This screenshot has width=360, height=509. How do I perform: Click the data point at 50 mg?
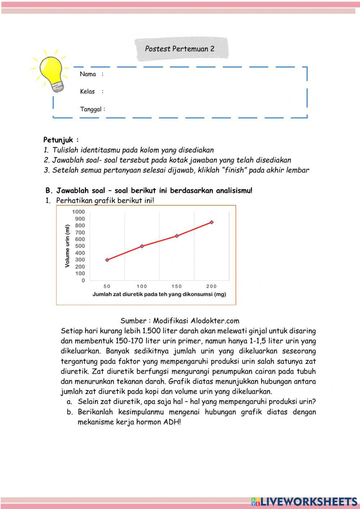coord(107,260)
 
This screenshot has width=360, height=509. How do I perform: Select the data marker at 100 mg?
coord(142,246)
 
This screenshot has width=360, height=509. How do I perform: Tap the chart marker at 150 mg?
coord(177,236)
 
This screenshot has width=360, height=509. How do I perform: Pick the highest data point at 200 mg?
coord(212,222)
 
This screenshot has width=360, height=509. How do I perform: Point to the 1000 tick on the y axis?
coord(78,212)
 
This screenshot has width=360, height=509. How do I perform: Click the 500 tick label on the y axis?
coord(80,246)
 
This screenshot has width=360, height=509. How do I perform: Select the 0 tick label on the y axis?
coord(83,280)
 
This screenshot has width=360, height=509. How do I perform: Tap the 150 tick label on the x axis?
coord(177,286)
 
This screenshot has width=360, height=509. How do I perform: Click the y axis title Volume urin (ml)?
coord(67,246)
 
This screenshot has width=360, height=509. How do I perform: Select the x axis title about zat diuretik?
coord(159,294)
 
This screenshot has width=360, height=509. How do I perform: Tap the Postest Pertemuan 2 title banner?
coord(180,49)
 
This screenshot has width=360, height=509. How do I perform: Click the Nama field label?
coord(88,74)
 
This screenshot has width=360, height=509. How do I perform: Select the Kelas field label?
coord(87,91)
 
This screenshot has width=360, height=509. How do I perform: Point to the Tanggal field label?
coord(91,109)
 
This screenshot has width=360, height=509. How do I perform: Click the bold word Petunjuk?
coord(58,140)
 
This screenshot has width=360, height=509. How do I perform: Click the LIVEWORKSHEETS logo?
coord(304,501)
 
